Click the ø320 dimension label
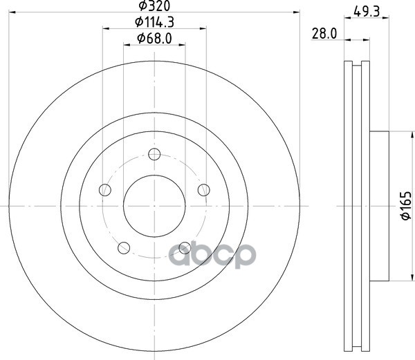point(154,6)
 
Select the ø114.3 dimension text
point(154,22)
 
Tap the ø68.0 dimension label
point(154,38)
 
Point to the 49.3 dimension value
point(367,12)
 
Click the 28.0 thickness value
point(324,34)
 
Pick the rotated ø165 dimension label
point(406,206)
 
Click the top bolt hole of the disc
point(154,154)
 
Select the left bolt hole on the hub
point(105,190)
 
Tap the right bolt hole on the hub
point(204,190)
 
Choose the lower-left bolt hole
point(124,248)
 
